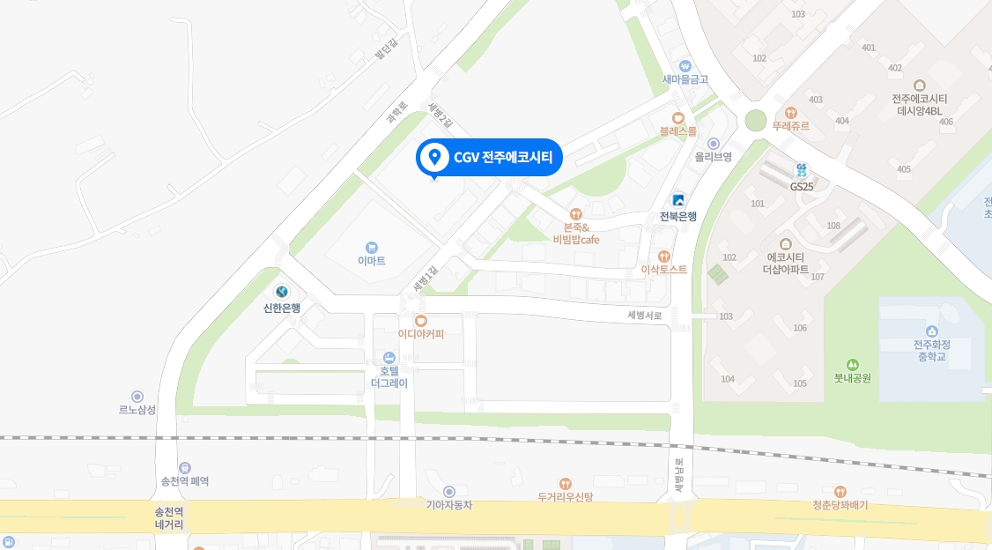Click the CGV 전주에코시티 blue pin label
click(x=489, y=158)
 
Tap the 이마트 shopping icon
click(x=372, y=247)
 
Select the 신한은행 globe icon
click(x=282, y=292)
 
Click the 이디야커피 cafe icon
click(x=421, y=320)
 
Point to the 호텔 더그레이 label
click(x=389, y=377)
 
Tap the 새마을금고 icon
click(x=685, y=65)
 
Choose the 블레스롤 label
click(x=677, y=131)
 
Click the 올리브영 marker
click(x=714, y=143)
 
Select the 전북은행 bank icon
click(x=678, y=200)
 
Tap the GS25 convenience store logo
click(x=801, y=169)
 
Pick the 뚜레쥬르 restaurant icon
click(x=790, y=113)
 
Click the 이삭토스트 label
click(x=663, y=269)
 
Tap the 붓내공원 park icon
click(x=852, y=364)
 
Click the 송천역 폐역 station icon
click(x=185, y=468)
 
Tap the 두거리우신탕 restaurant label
click(x=566, y=497)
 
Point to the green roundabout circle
click(x=756, y=120)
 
